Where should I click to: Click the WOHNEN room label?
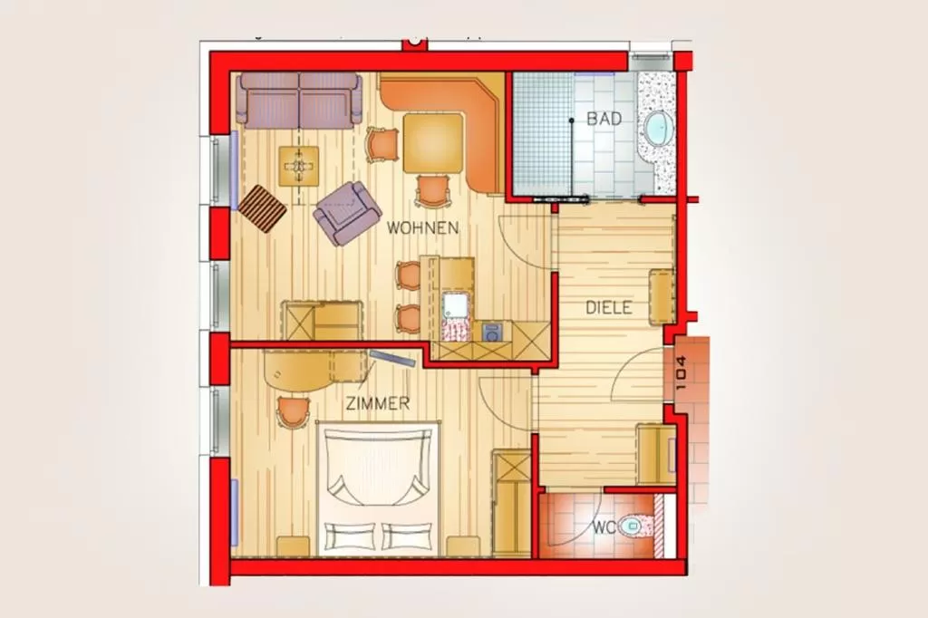(422, 227)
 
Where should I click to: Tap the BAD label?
(604, 119)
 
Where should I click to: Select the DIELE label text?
(608, 308)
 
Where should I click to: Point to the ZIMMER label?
(377, 404)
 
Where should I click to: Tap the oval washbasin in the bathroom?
(657, 129)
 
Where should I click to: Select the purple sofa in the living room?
(299, 99)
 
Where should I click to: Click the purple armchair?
(345, 212)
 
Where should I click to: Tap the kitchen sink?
(454, 304)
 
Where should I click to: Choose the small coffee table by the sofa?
(299, 165)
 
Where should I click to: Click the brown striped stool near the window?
(263, 209)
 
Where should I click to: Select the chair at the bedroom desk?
(293, 411)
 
